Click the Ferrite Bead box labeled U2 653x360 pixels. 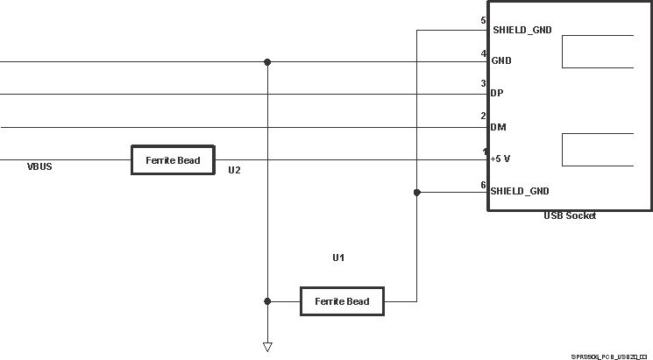click(173, 160)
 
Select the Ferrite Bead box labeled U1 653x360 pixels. click(343, 301)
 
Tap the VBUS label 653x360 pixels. click(39, 166)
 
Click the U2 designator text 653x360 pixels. click(234, 170)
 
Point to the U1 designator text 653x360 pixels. click(338, 258)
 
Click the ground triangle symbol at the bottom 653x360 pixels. click(267, 347)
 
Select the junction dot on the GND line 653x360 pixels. click(267, 62)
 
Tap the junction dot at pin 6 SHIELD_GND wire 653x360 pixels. click(417, 192)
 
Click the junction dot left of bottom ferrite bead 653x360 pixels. click(267, 300)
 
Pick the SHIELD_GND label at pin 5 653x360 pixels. click(522, 30)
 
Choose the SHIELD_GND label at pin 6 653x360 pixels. click(520, 191)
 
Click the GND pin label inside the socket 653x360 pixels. click(501, 61)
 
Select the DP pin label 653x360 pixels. click(497, 93)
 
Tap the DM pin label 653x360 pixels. click(498, 127)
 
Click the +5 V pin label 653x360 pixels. click(502, 159)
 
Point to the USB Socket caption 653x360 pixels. click(569, 215)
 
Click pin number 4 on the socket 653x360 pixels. click(483, 53)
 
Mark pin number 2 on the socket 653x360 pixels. click(483, 116)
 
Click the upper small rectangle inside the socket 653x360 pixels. click(597, 52)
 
